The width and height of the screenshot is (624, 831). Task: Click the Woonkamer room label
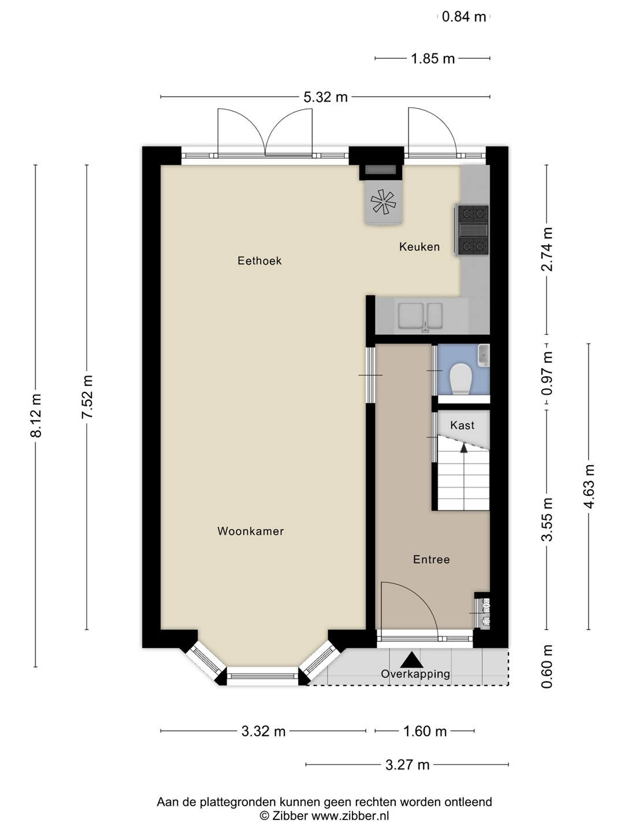(x=250, y=531)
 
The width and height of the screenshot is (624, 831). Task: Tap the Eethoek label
(x=259, y=260)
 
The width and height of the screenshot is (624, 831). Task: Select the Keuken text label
(x=419, y=247)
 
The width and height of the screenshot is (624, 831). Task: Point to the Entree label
(x=431, y=559)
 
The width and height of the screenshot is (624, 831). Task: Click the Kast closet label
(x=462, y=425)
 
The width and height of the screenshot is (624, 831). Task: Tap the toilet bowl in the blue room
(x=460, y=379)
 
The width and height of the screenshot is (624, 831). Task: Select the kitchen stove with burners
(x=471, y=230)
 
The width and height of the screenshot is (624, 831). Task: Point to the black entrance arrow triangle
(x=411, y=660)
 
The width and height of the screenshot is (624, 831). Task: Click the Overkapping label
(x=415, y=673)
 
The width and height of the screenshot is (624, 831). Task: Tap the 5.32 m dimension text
(x=325, y=98)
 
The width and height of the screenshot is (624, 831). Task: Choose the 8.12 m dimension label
(x=36, y=415)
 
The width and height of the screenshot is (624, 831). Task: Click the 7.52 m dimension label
(x=87, y=397)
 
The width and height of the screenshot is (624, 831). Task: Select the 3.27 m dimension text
(x=407, y=765)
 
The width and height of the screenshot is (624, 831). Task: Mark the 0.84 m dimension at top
(x=464, y=17)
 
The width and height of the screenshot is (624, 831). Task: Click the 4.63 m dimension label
(x=589, y=486)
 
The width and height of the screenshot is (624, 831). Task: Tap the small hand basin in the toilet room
(x=484, y=355)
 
